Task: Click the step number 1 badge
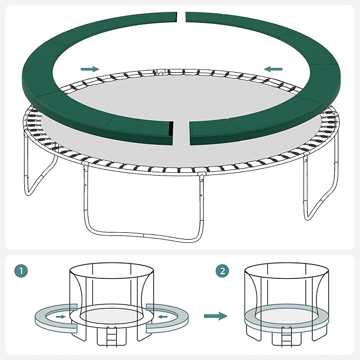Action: (21, 271)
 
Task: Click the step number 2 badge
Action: (223, 271)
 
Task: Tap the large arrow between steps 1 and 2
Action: (215, 316)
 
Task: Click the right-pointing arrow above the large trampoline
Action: (90, 69)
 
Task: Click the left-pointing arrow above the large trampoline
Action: (273, 69)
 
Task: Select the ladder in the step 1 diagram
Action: (111, 336)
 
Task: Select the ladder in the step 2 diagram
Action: (286, 336)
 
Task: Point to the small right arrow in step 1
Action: (60, 317)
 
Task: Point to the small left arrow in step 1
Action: (163, 317)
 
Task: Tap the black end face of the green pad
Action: (171, 129)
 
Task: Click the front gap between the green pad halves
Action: (181, 133)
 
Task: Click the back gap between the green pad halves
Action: (181, 17)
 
